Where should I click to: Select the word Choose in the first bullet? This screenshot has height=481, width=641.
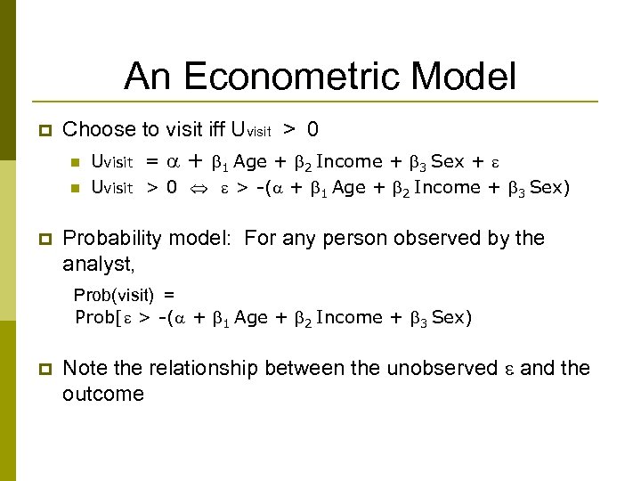tap(98, 129)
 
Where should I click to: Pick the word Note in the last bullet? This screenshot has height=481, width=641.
tap(85, 368)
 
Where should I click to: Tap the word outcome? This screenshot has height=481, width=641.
tap(103, 394)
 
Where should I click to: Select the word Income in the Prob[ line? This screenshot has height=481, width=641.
tap(348, 318)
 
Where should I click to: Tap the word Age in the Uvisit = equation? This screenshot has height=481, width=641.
tap(250, 162)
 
